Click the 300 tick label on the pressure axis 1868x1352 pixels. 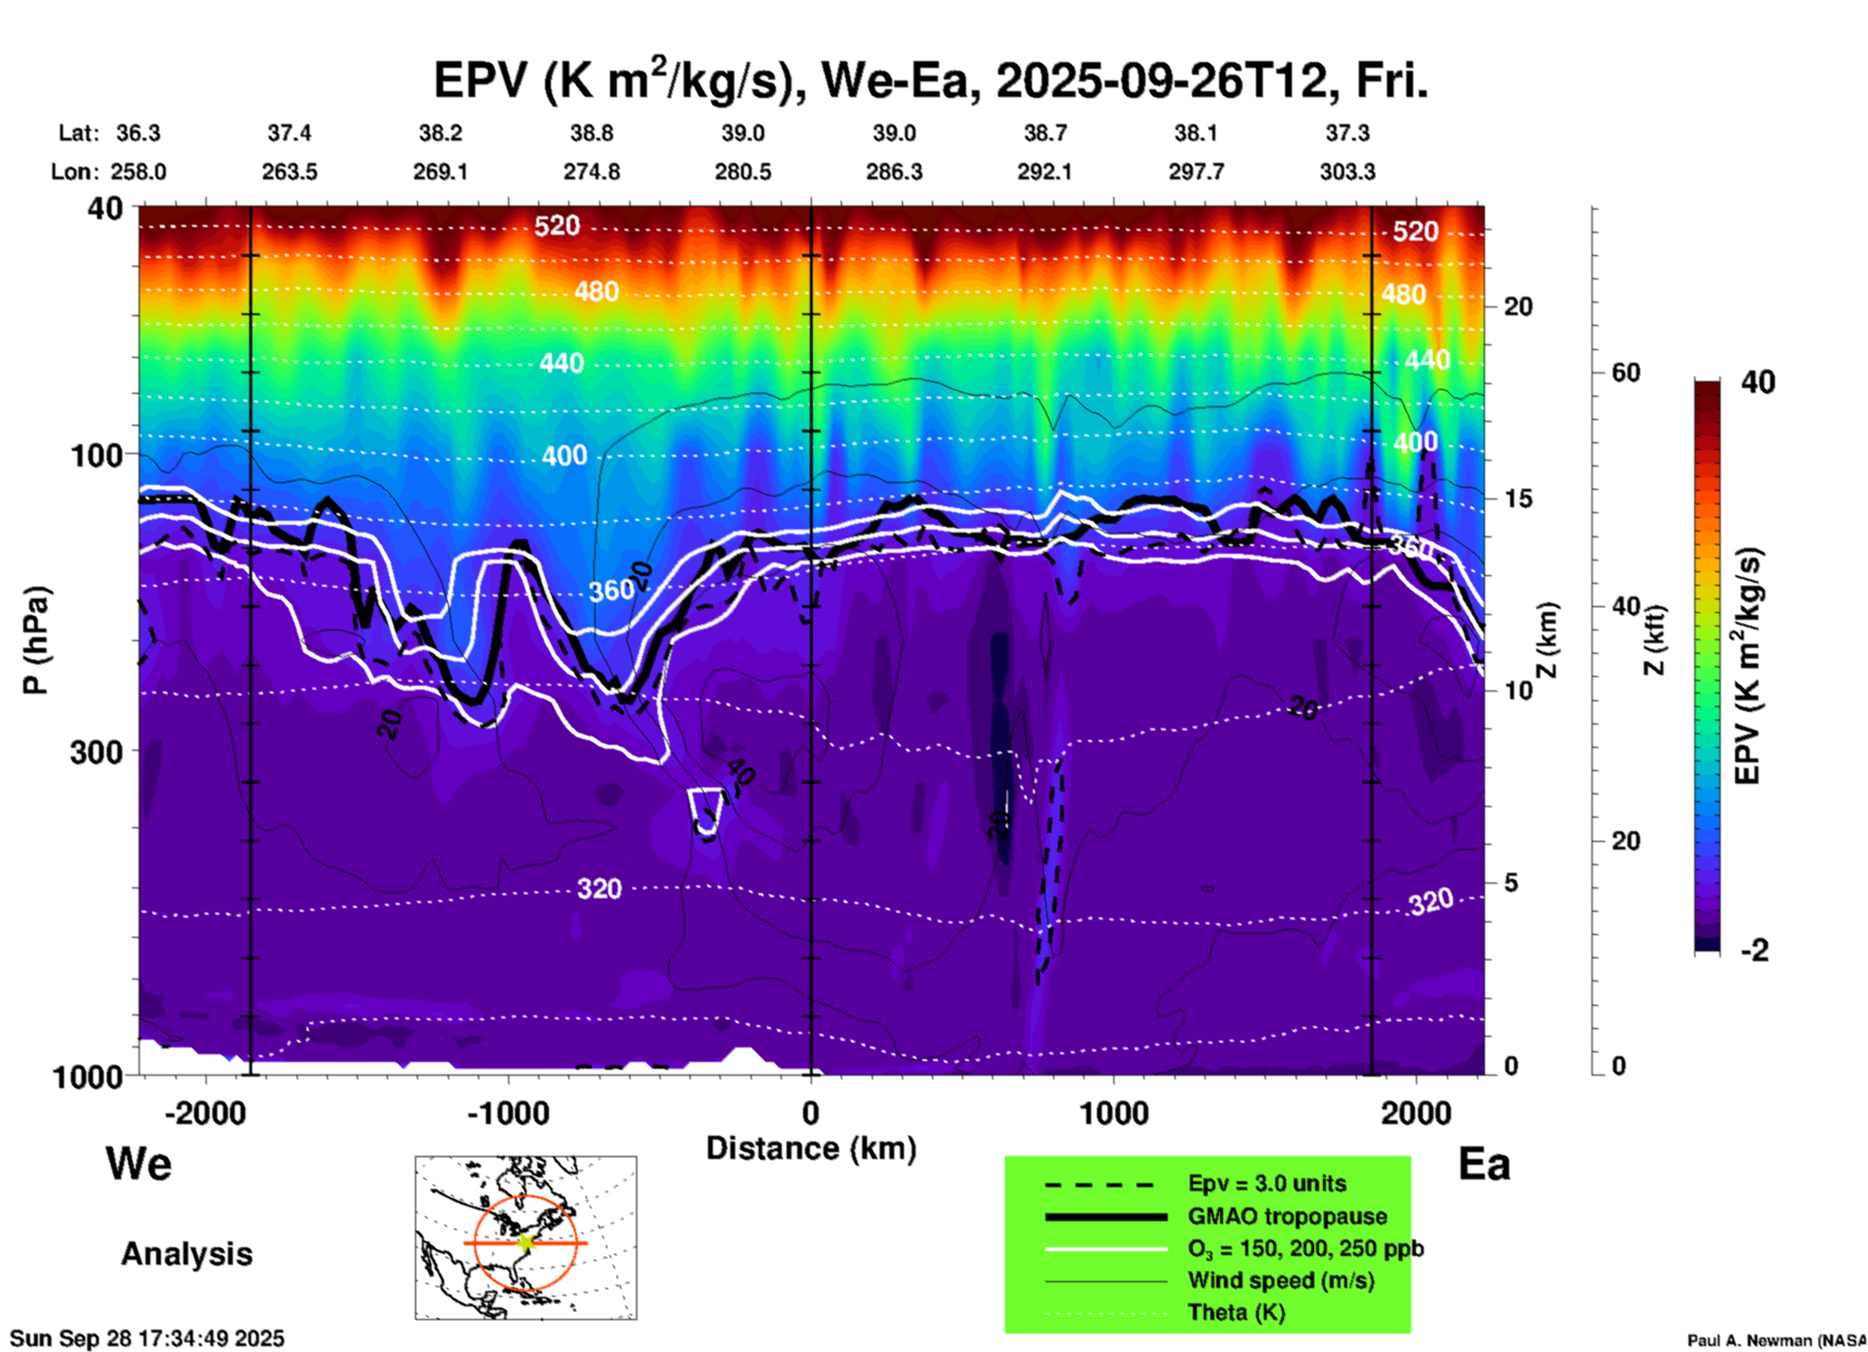pyautogui.click(x=96, y=752)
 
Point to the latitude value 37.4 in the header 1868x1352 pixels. pyautogui.click(x=289, y=133)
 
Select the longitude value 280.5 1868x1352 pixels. pyautogui.click(x=743, y=172)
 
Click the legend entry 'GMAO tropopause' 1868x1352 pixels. pyautogui.click(x=1287, y=1216)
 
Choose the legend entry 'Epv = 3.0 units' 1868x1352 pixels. pyautogui.click(x=1267, y=1183)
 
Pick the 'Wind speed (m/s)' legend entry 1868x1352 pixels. pyautogui.click(x=1280, y=1280)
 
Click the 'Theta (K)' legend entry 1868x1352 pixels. pyautogui.click(x=1236, y=1312)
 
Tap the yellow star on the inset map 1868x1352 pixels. pyautogui.click(x=526, y=1242)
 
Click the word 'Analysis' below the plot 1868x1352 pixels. pyautogui.click(x=186, y=1254)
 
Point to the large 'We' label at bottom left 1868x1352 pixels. pyautogui.click(x=139, y=1164)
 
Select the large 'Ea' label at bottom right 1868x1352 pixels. pyautogui.click(x=1484, y=1164)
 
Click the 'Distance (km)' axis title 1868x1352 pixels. pyautogui.click(x=811, y=1148)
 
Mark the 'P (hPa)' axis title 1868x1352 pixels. pyautogui.click(x=36, y=640)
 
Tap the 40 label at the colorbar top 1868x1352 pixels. pyautogui.click(x=1757, y=382)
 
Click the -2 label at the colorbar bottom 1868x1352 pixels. pyautogui.click(x=1755, y=950)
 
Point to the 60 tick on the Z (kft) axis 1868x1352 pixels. pyautogui.click(x=1626, y=372)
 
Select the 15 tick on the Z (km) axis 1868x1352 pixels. pyautogui.click(x=1518, y=499)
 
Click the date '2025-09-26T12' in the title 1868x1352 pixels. pyautogui.click(x=1161, y=80)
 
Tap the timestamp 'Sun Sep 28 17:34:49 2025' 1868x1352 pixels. pyautogui.click(x=147, y=1338)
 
